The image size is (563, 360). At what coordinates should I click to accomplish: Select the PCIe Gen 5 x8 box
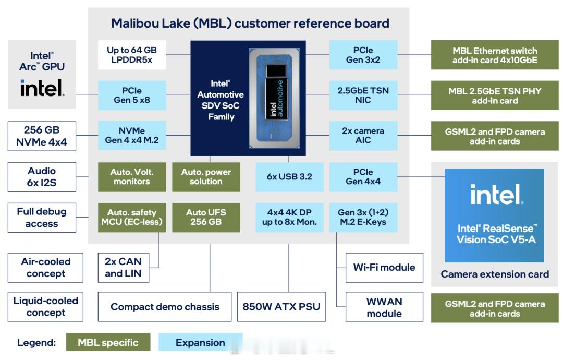pyautogui.click(x=131, y=95)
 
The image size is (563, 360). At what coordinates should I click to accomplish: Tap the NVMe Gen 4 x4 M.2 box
pyautogui.click(x=131, y=136)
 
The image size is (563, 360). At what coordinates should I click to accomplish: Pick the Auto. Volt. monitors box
pyautogui.click(x=131, y=176)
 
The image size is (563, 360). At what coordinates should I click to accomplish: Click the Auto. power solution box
pyautogui.click(x=206, y=176)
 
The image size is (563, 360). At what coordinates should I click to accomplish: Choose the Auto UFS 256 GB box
pyautogui.click(x=206, y=217)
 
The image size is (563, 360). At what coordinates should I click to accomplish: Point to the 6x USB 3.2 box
pyautogui.click(x=289, y=176)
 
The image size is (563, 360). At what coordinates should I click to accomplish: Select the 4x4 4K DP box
pyautogui.click(x=289, y=217)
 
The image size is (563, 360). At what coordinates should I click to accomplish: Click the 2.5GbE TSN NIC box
pyautogui.click(x=363, y=95)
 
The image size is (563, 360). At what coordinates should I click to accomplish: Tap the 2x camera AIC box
pyautogui.click(x=363, y=136)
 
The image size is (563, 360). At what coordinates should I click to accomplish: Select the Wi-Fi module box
pyautogui.click(x=384, y=268)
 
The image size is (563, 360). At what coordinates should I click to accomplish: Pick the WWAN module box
pyautogui.click(x=384, y=307)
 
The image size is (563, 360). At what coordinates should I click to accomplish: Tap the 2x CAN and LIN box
pyautogui.click(x=123, y=267)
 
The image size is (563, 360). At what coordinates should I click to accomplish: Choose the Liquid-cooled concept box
pyautogui.click(x=46, y=307)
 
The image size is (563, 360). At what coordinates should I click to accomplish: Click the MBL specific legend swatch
pyautogui.click(x=108, y=343)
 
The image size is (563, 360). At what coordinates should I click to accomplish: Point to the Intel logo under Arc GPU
pyautogui.click(x=42, y=88)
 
